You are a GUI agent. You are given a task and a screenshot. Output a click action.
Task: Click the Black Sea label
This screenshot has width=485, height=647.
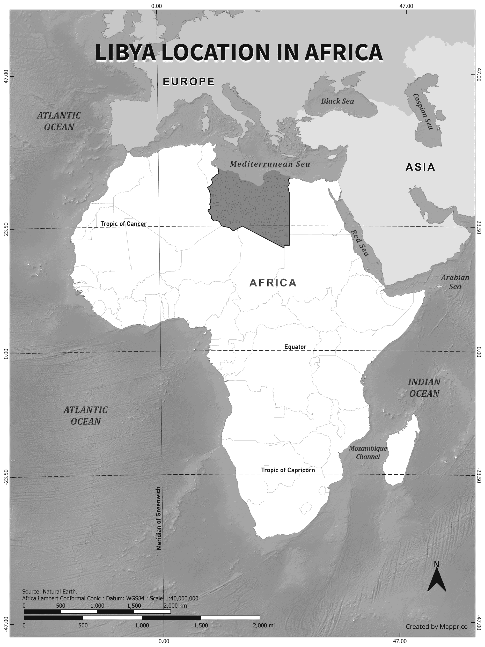point(337,101)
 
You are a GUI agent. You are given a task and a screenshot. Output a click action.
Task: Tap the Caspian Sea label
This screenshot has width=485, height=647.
point(423,112)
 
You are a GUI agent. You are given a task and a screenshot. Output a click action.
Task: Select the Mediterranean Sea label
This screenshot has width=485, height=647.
point(270,164)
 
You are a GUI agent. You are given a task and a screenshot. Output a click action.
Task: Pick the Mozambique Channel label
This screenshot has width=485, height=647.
point(368,452)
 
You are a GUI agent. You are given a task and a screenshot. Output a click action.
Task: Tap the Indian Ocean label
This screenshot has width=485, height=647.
point(424,388)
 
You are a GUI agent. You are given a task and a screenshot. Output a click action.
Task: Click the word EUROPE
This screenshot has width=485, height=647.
point(189,81)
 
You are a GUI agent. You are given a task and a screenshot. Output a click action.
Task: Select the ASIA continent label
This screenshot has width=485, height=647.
point(420,167)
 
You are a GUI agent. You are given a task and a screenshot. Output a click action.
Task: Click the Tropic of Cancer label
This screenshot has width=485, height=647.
point(123,224)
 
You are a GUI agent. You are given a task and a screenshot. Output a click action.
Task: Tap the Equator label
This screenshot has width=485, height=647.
point(295,347)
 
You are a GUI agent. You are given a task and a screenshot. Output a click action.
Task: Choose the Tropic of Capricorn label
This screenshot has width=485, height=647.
point(288,470)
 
